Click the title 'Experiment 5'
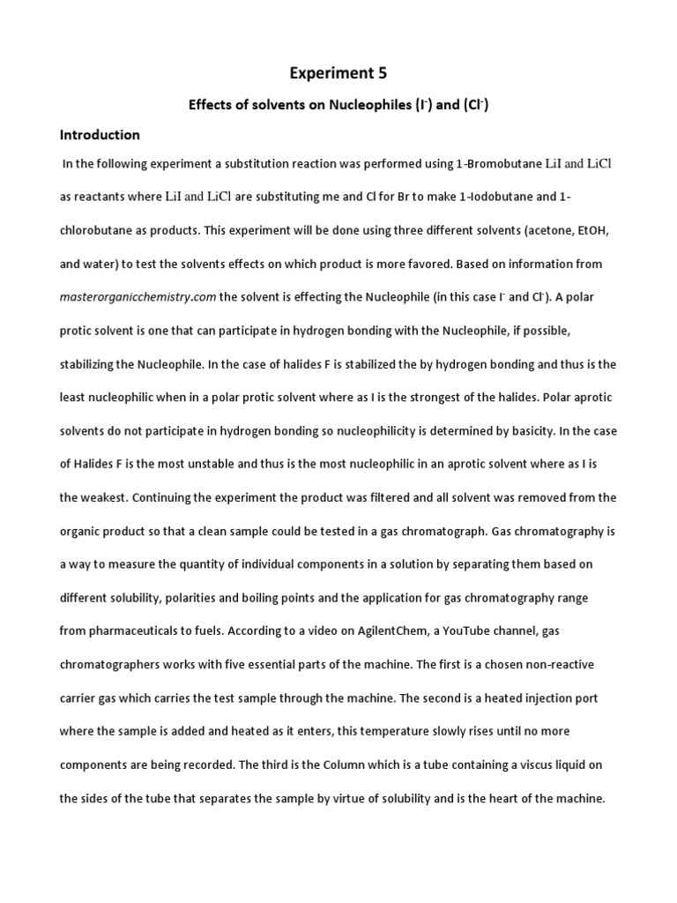coord(338,75)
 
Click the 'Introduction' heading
coord(100,135)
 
